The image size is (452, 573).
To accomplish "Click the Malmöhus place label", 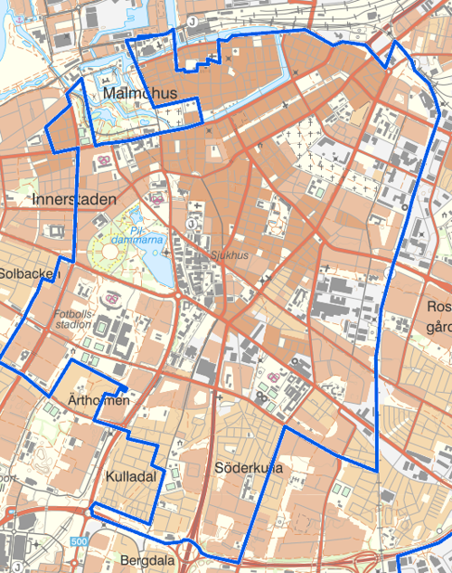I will coord(139,94).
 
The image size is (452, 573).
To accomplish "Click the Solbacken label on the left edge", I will coord(29,272).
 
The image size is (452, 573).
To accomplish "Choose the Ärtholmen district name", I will coord(99,400).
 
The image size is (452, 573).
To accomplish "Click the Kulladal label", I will coord(131,475).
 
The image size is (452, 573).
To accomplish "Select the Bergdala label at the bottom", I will coord(145,560).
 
